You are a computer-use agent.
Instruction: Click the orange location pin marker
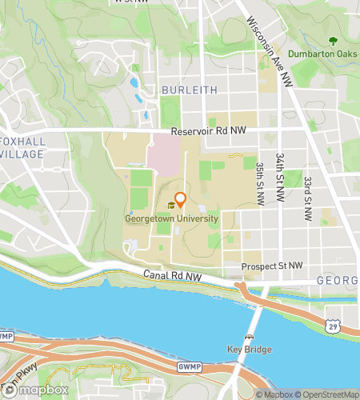181,200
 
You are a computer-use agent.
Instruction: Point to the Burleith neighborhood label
189,90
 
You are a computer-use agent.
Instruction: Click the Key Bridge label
250,350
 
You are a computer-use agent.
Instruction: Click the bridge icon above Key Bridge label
250,337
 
